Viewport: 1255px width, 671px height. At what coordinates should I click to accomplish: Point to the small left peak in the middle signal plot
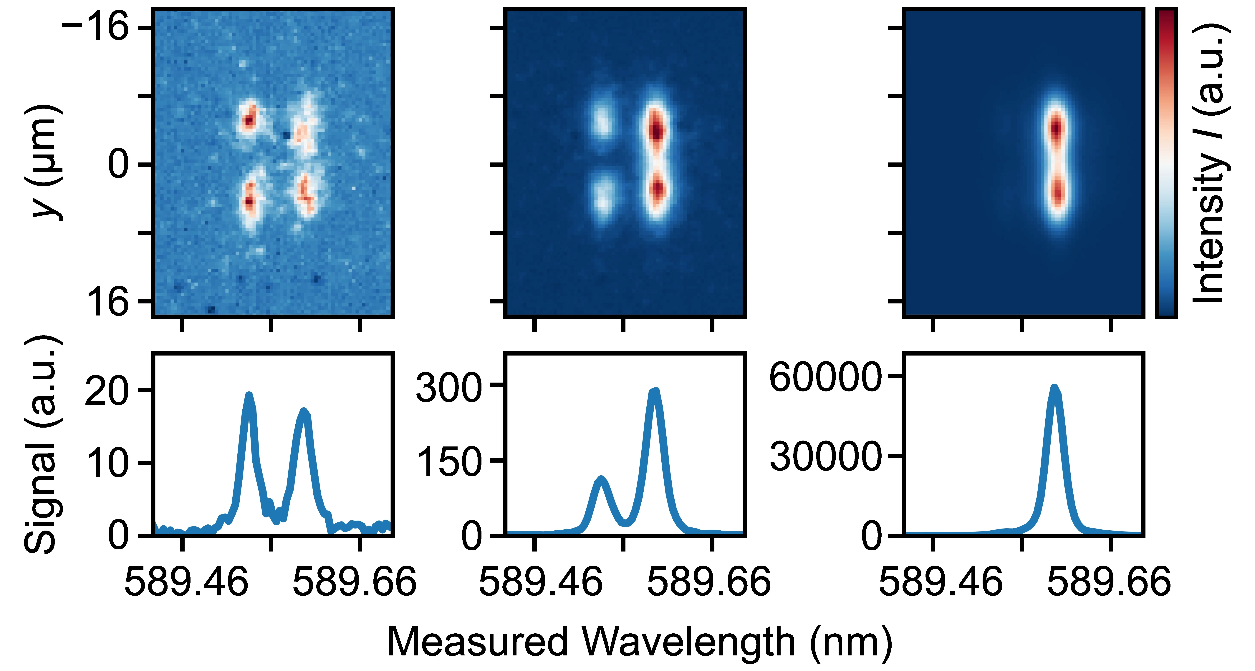(601, 480)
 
